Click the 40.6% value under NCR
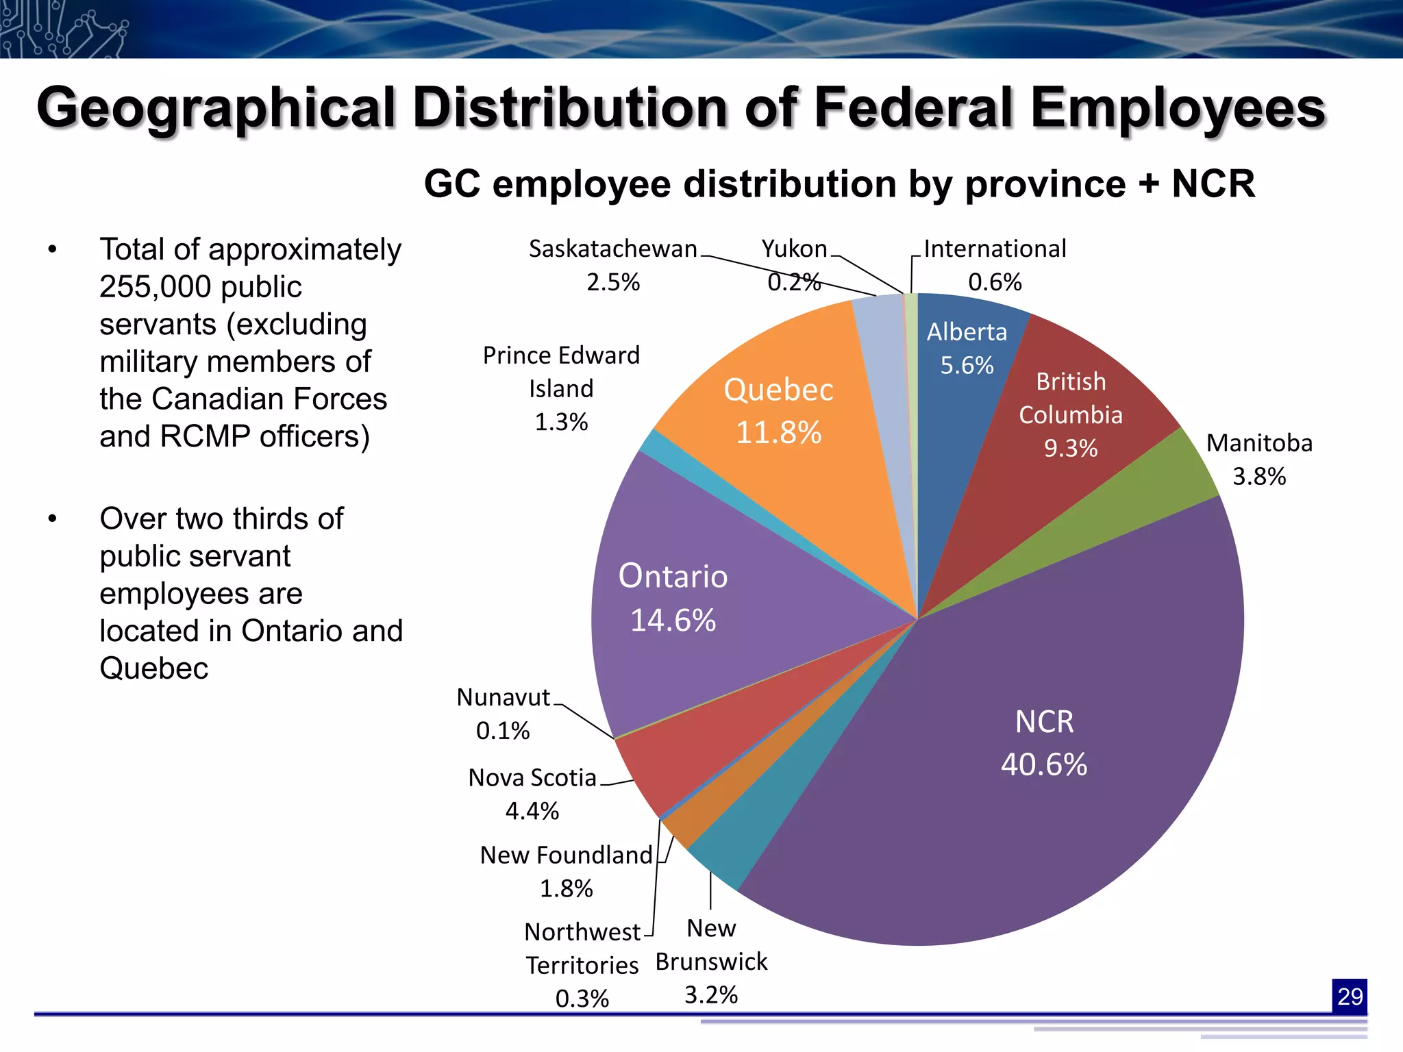[1043, 764]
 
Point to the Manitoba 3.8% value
[1259, 476]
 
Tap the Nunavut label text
[504, 697]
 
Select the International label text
[995, 249]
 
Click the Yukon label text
[794, 249]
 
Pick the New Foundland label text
[566, 855]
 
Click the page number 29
[1349, 996]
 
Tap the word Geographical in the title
[216, 108]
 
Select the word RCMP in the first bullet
[206, 436]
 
